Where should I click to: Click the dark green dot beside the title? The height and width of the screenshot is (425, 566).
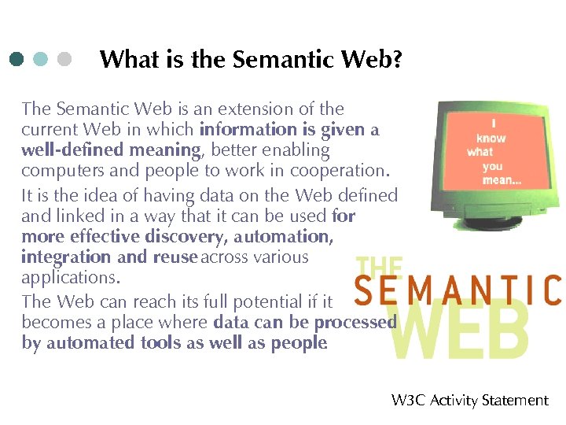tap(17, 60)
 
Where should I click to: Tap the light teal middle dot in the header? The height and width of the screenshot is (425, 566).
tap(41, 60)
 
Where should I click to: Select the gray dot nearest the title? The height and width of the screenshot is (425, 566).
tap(64, 60)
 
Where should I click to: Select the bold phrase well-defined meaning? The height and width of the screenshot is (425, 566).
tap(111, 150)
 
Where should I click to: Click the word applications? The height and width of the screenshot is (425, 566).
tap(68, 278)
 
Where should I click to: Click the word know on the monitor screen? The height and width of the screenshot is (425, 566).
tap(491, 138)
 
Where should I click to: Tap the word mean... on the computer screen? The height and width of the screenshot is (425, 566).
tap(502, 180)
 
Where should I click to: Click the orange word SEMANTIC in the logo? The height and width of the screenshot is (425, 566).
tap(458, 290)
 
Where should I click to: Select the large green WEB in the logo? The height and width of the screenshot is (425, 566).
tap(460, 331)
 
